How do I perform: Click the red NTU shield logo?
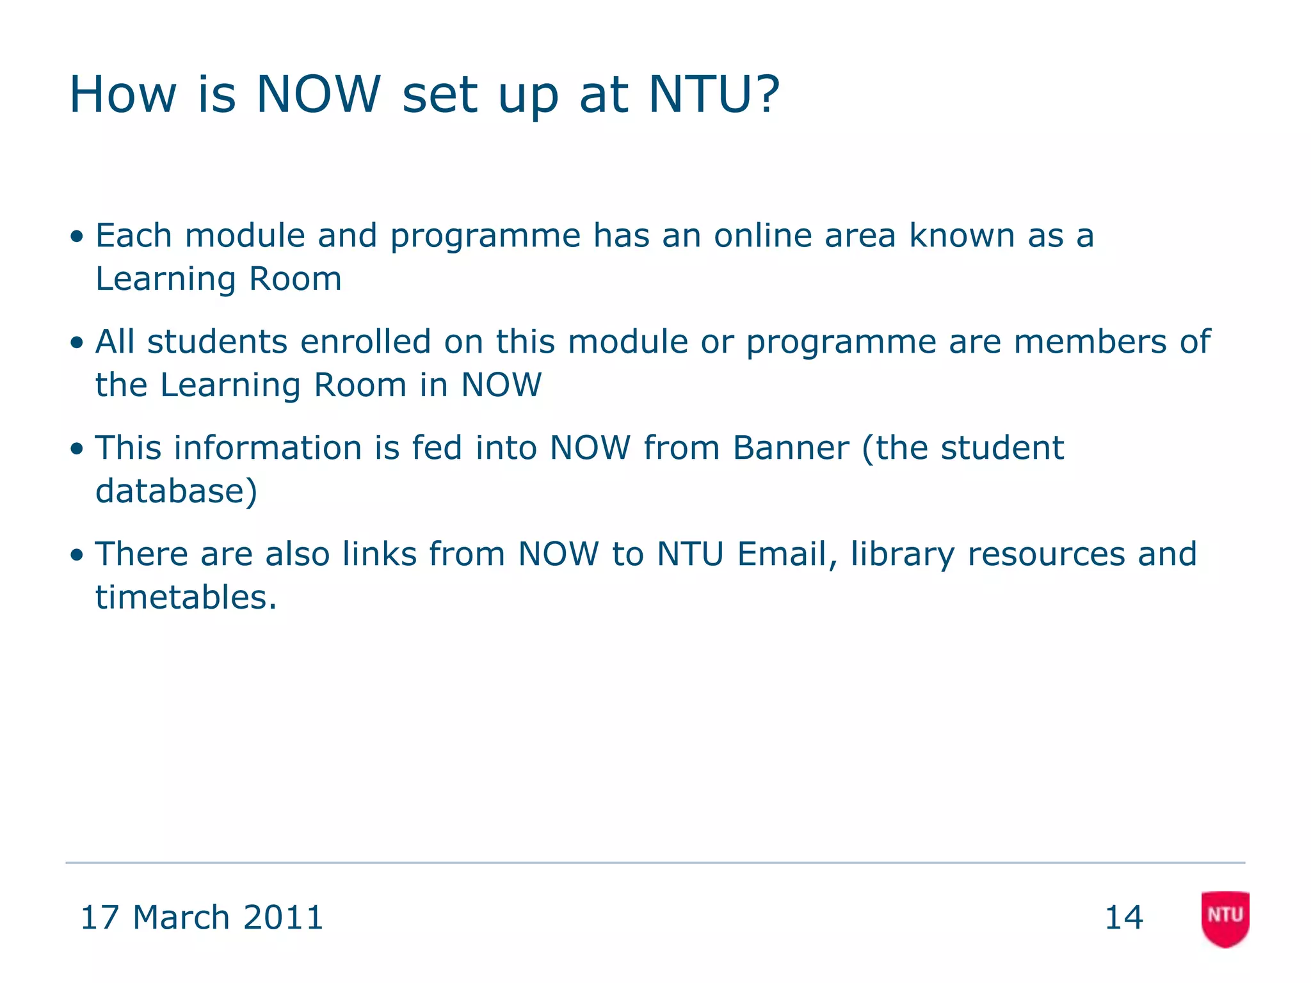point(1225,918)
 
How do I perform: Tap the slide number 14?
point(1124,917)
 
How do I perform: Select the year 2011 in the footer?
point(284,917)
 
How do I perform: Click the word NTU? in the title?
point(714,94)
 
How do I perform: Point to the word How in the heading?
point(122,94)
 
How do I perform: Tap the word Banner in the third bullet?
point(791,447)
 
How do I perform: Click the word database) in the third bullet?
point(177,491)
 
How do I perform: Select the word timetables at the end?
point(182,597)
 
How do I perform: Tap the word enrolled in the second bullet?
point(366,341)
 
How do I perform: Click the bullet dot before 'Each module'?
point(77,237)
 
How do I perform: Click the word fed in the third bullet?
point(437,447)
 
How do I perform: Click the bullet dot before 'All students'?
point(77,343)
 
